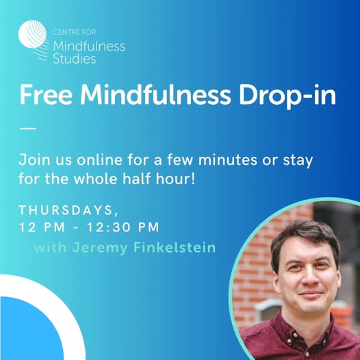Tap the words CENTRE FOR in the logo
(74, 32)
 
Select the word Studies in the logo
(75, 59)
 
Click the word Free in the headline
(46, 94)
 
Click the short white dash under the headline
(28, 129)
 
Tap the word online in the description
(99, 159)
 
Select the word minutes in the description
(227, 160)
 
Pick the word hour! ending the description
(175, 179)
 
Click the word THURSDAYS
(66, 210)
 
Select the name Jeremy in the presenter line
(100, 248)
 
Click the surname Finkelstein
(175, 248)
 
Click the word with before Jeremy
(50, 248)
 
